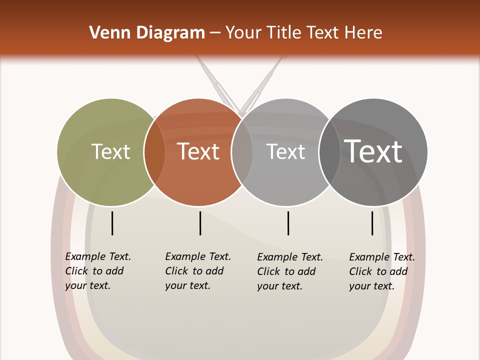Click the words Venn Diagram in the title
coord(147,33)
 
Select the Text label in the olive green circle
coord(111,152)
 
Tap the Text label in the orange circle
coord(198,152)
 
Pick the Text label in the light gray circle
coord(285,152)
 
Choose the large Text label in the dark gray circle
coord(373,151)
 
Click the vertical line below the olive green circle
coord(112,223)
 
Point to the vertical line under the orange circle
coord(200,223)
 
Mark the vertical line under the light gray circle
coord(288,223)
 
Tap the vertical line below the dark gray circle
coord(372,223)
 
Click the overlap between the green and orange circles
coord(154,152)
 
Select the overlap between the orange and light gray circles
coord(242,152)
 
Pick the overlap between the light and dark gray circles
coord(329,152)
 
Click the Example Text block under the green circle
coord(98,271)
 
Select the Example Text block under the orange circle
coord(198,271)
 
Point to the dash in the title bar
coord(215,33)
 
